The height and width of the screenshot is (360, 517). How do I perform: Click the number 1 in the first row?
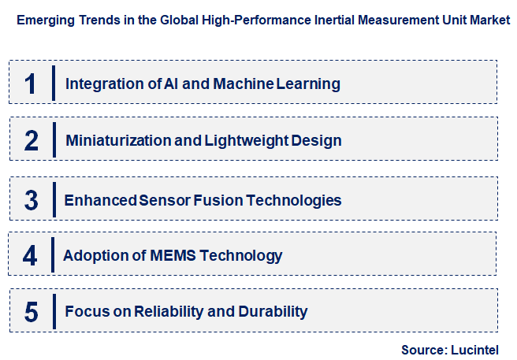(x=31, y=84)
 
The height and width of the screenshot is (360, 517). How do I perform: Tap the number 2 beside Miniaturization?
(x=32, y=141)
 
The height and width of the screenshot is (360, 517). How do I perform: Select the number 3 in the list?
(x=32, y=200)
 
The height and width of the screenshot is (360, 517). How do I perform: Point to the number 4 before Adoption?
(x=30, y=256)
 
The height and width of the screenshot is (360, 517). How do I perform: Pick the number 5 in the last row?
(x=32, y=312)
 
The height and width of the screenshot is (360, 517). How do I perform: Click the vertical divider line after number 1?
(x=53, y=84)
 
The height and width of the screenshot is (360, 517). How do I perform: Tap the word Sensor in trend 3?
(x=166, y=200)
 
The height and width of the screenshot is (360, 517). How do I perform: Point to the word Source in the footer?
(x=422, y=349)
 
